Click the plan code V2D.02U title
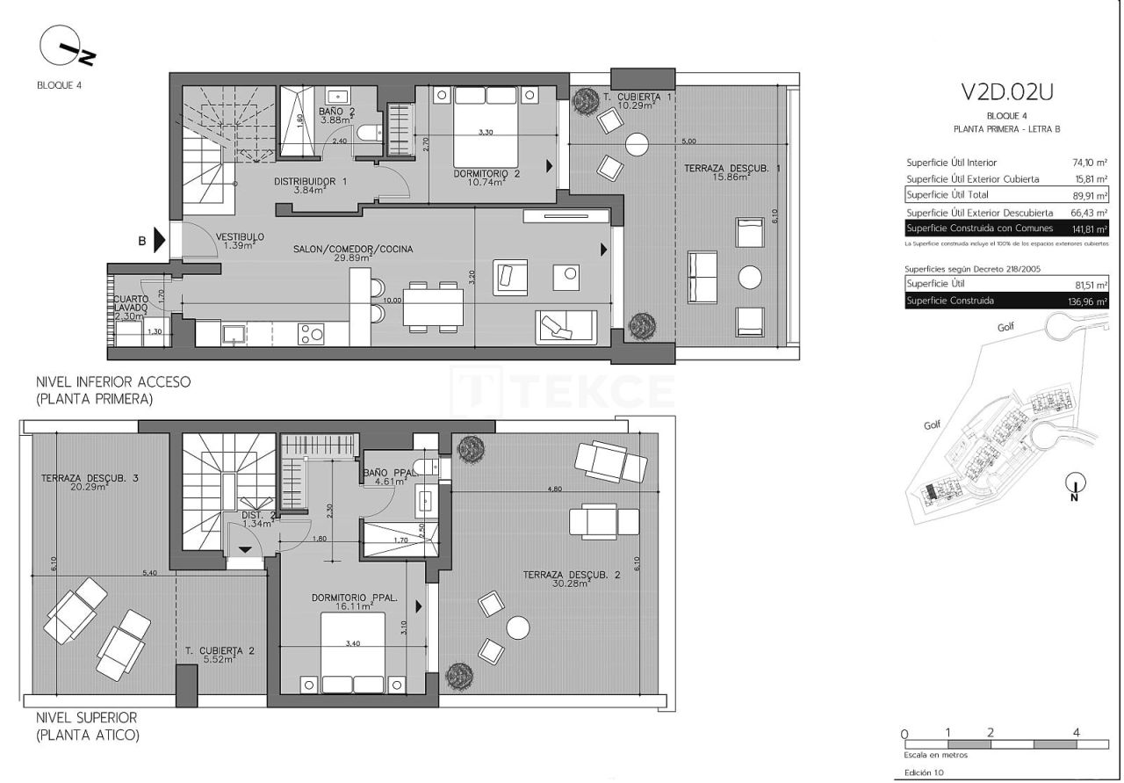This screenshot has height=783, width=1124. pyautogui.click(x=1006, y=91)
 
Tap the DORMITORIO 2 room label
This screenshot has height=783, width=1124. pyautogui.click(x=486, y=174)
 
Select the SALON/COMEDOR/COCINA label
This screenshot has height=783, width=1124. pyautogui.click(x=353, y=249)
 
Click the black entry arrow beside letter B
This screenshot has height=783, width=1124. pyautogui.click(x=159, y=240)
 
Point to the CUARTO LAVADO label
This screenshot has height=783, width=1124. pyautogui.click(x=130, y=304)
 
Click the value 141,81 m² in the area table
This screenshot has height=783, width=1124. pyautogui.click(x=1089, y=228)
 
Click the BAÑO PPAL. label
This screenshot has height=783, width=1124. pyautogui.click(x=387, y=472)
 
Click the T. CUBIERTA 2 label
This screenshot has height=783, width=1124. pyautogui.click(x=220, y=651)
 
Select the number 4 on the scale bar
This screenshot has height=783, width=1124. pyautogui.click(x=1076, y=732)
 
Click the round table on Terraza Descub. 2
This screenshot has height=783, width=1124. pyautogui.click(x=518, y=627)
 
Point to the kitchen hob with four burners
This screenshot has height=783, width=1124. pyautogui.click(x=312, y=333)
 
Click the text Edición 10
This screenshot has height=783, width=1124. pyautogui.click(x=924, y=773)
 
